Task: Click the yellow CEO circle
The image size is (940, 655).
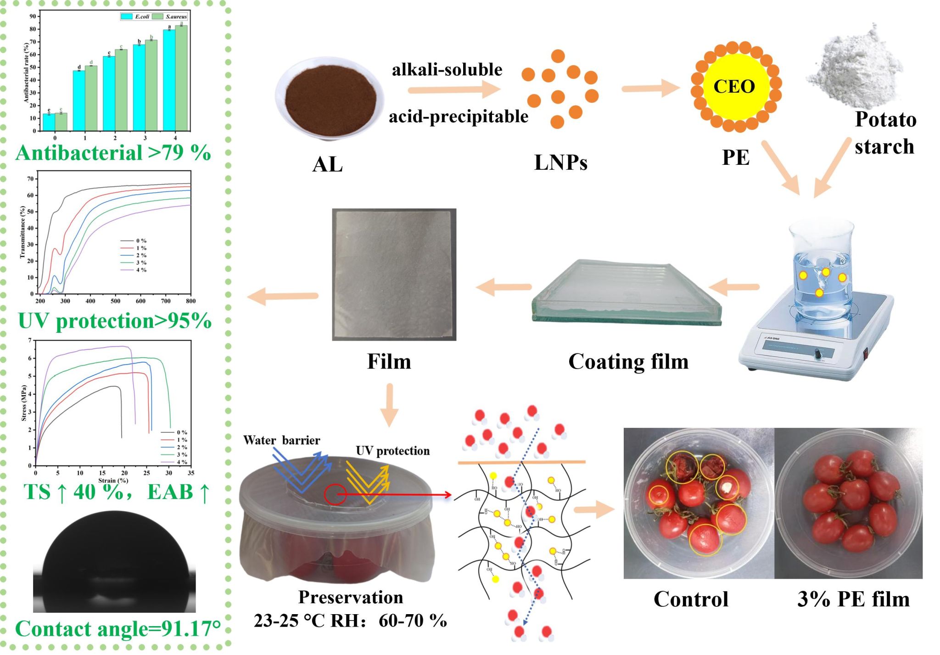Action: [x=734, y=86]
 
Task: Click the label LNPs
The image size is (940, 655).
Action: [x=560, y=162]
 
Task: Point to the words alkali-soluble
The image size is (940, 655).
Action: [x=447, y=70]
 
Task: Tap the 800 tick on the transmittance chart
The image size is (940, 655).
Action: [x=190, y=301]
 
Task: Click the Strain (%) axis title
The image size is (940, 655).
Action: [x=113, y=481]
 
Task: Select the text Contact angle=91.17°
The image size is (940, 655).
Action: [x=118, y=629]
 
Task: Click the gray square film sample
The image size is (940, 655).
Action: [x=394, y=274]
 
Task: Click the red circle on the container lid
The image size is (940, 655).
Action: [x=336, y=494]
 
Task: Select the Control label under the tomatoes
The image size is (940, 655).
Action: [x=691, y=599]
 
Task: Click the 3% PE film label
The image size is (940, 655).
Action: [x=853, y=599]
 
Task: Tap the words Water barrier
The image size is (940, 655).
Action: [x=281, y=440]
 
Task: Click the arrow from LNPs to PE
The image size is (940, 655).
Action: [x=650, y=88]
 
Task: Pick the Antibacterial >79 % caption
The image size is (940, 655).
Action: [x=113, y=152]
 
